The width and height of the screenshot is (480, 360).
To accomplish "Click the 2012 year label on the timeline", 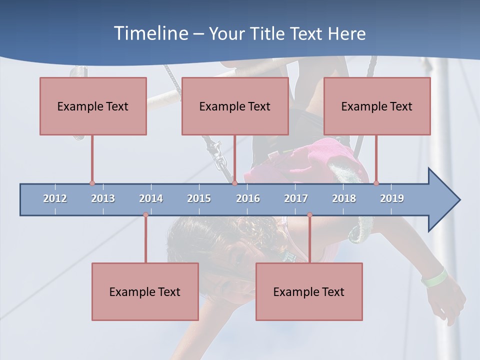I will point(55,198).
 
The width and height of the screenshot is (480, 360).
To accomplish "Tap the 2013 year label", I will point(103,198).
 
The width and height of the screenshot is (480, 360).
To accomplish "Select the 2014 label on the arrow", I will point(151,198).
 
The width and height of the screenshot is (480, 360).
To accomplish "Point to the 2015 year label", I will point(199,198).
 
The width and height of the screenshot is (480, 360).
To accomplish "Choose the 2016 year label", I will point(248,198).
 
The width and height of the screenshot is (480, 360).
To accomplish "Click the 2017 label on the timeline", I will point(296,198).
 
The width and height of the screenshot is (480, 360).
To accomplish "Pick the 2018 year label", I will point(344,198).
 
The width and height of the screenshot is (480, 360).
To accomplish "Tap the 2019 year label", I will point(392,198).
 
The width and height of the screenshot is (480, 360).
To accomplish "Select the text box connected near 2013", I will point(93,106).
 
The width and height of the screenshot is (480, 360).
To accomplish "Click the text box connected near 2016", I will point(235,106).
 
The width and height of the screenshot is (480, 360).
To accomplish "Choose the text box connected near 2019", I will point(377,106).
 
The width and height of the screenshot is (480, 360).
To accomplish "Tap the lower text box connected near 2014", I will point(145,291).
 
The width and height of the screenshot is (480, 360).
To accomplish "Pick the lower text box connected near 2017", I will point(309,291).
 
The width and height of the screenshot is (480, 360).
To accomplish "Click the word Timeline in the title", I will point(150,33).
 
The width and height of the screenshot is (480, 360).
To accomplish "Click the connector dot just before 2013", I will point(92,183).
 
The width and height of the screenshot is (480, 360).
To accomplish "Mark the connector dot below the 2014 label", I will point(145,215).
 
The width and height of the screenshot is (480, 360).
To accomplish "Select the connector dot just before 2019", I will point(376,183).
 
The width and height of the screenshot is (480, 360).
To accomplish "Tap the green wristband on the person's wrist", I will point(434,277).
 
